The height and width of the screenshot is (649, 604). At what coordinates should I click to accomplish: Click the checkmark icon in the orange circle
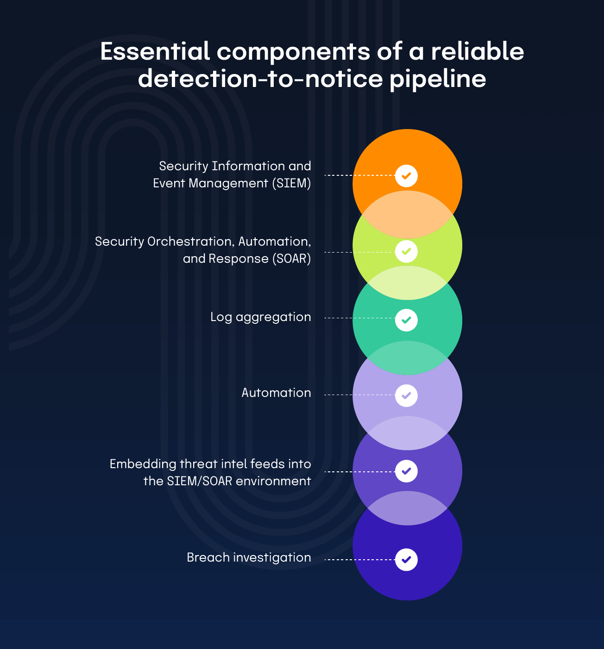click(x=406, y=176)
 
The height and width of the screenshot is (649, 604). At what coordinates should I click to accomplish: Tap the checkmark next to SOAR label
click(x=406, y=251)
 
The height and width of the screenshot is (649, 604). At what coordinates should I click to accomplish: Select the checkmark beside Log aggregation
click(x=406, y=320)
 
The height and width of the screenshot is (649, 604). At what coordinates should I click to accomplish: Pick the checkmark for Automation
click(x=406, y=396)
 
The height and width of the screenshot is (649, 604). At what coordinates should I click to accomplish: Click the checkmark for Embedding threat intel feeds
click(x=406, y=471)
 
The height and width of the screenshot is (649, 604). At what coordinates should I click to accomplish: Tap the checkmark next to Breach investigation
click(x=406, y=559)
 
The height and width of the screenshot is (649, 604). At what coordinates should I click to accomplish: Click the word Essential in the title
click(x=155, y=51)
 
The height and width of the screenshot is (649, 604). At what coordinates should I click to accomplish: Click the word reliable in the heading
click(x=478, y=51)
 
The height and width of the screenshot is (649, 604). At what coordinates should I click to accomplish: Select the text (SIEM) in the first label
click(x=291, y=183)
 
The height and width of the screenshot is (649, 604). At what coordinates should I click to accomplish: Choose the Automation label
click(x=277, y=392)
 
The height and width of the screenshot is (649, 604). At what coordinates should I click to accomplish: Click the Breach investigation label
click(x=249, y=557)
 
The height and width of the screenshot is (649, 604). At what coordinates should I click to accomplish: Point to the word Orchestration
click(x=191, y=241)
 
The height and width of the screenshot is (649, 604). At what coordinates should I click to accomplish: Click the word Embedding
click(x=143, y=464)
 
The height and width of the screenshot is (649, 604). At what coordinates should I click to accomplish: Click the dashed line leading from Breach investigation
click(x=360, y=559)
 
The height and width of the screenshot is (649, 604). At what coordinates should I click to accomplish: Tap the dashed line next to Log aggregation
click(x=360, y=318)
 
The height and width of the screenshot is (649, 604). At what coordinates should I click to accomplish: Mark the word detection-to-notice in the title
click(x=260, y=79)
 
